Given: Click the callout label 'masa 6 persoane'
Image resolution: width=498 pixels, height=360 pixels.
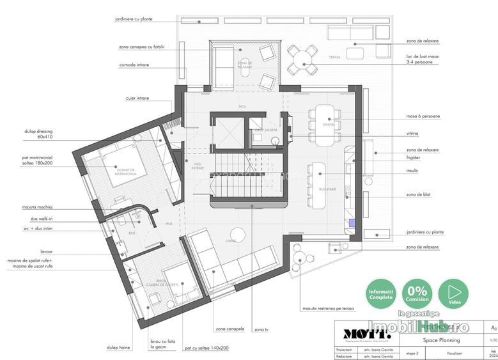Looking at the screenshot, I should click(x=422, y=116).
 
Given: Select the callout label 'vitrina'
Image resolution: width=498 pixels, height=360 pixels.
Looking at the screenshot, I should click(x=412, y=134).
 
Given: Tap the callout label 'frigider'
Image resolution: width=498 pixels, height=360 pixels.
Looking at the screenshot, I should click(x=414, y=157).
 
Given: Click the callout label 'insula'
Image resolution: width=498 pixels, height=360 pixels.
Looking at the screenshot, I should click(x=412, y=171).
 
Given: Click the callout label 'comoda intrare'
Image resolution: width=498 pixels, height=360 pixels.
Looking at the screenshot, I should click(x=134, y=65).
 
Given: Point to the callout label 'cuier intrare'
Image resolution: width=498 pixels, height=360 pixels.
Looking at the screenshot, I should click(x=137, y=98).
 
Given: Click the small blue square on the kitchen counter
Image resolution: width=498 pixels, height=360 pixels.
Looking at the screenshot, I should click(x=352, y=223).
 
